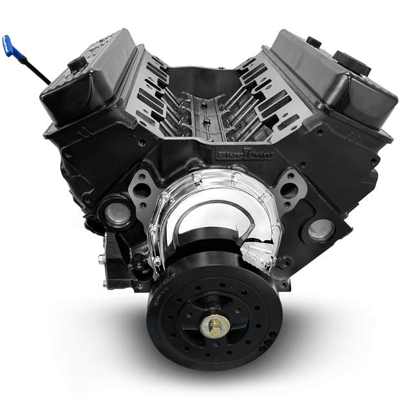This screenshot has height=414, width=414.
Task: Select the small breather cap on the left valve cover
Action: pos(77,63)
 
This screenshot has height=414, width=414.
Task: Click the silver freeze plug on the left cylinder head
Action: pos(117,213)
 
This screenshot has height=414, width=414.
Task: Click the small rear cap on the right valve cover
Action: pos(314,42)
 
